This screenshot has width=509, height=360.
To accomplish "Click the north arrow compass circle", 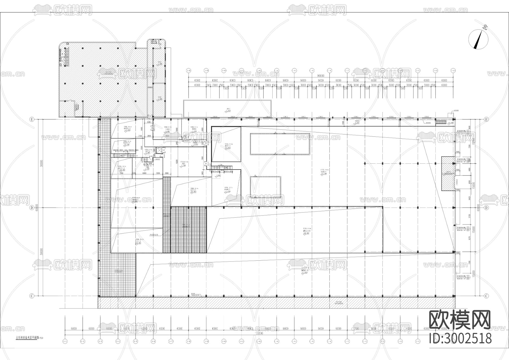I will click(x=478, y=40).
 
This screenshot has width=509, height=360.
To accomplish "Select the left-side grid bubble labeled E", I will click(x=32, y=119).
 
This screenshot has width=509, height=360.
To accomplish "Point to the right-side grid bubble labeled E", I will click(x=486, y=119).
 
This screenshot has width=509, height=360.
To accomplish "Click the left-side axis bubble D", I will click(x=32, y=207).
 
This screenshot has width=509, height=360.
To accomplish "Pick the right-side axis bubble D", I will click(x=486, y=207).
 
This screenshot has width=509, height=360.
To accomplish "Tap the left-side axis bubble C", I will click(x=32, y=296).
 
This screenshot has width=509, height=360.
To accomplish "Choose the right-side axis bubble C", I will click(x=486, y=296).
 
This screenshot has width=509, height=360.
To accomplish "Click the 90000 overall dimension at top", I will click(x=321, y=76).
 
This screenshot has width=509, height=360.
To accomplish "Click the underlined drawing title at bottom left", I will click(x=27, y=338).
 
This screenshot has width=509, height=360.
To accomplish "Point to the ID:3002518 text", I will click(x=460, y=338).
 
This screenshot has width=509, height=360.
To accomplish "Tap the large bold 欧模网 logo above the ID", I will click(x=460, y=320).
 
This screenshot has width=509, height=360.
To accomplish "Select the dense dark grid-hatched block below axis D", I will click(x=189, y=230).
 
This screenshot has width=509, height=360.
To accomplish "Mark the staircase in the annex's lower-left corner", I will click(x=76, y=107).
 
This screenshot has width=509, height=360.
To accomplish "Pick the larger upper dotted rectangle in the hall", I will click(x=280, y=144).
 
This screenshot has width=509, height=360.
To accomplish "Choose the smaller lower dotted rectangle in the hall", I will click(x=265, y=187).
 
